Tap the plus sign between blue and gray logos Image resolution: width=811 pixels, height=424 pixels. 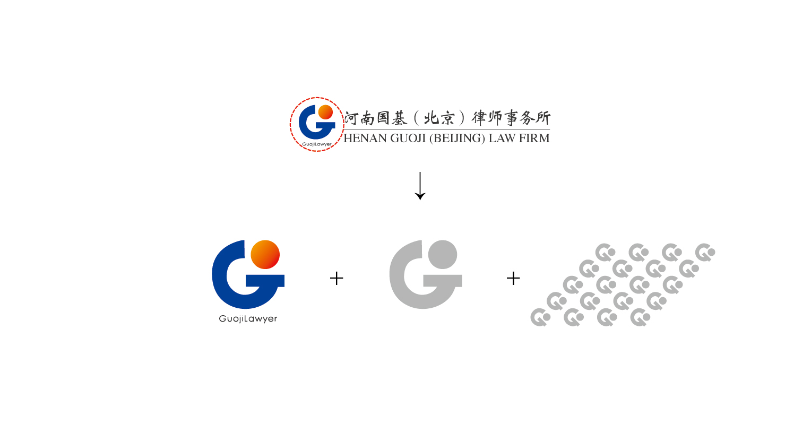[337, 278]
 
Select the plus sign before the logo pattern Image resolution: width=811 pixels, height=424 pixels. [513, 278]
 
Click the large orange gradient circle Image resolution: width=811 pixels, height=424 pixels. [265, 254]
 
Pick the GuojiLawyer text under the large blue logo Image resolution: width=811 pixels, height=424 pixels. [248, 319]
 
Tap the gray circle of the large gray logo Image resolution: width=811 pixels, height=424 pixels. [443, 254]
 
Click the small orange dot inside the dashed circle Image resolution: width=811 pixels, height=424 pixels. [325, 112]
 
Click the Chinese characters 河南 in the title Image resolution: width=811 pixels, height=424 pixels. [360, 118]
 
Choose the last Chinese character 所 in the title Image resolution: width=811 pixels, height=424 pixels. [542, 118]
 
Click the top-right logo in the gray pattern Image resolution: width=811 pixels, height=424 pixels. [705, 253]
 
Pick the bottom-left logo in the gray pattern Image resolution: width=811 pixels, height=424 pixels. [540, 317]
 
